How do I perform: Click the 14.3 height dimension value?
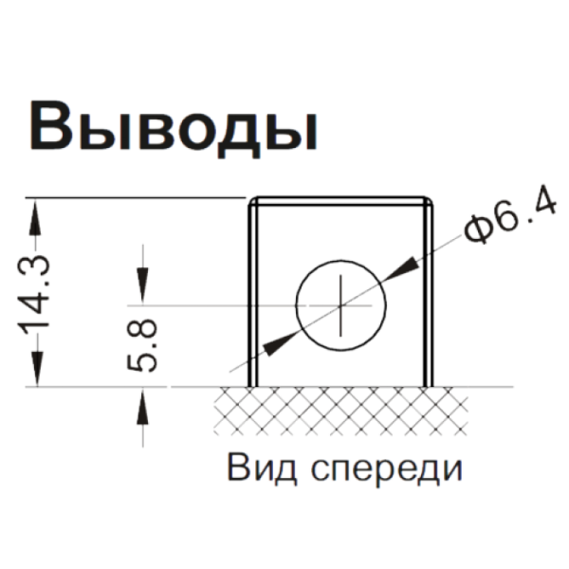coord(39,293)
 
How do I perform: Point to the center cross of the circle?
coord(340,305)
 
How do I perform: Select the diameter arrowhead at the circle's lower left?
coord(269,345)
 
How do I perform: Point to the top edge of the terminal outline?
coord(340,199)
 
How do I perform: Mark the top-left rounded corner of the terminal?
coord(253,202)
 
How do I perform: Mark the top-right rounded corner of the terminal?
coord(428,202)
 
